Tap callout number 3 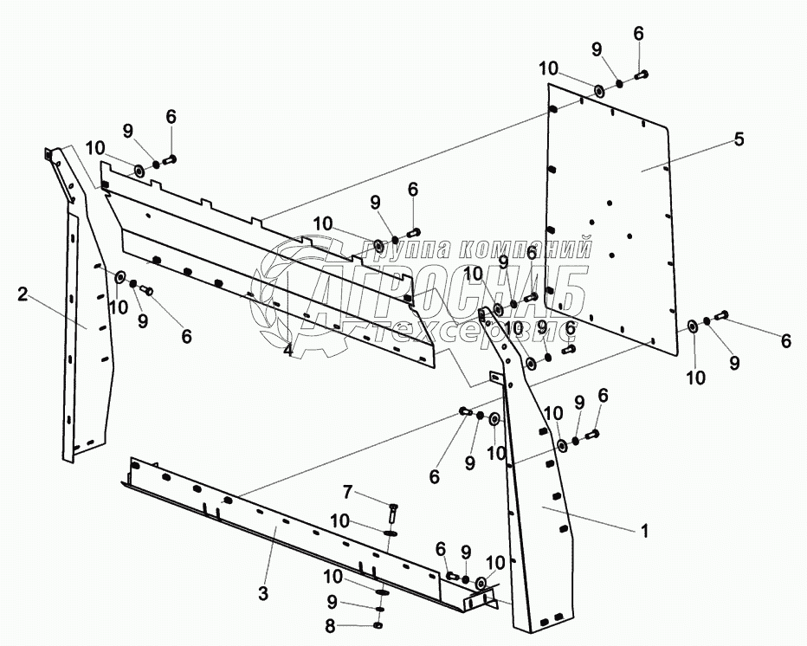tap(263, 594)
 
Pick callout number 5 tap(739, 139)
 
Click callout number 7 tap(348, 493)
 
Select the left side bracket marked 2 tap(87, 329)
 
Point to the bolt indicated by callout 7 tap(392, 511)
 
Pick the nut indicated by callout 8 tap(379, 625)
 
